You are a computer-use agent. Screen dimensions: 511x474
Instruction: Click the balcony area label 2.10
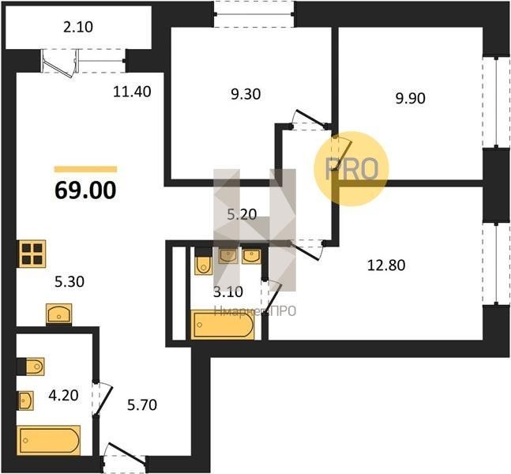(78, 27)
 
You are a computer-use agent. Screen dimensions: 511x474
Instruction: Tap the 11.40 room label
(132, 92)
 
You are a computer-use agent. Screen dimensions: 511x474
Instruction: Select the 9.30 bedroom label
(246, 94)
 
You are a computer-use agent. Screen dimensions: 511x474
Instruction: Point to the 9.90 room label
(410, 98)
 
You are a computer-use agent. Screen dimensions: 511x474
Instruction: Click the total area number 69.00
(85, 190)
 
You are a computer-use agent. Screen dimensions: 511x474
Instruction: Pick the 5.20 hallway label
(242, 215)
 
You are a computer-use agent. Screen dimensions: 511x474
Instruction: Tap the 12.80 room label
(386, 265)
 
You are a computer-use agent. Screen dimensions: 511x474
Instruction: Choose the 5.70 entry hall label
(142, 405)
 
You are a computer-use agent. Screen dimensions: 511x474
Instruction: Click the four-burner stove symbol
(32, 254)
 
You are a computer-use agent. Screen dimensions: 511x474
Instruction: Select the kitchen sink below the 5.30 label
(59, 314)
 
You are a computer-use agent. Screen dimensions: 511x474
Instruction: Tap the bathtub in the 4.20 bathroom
(49, 440)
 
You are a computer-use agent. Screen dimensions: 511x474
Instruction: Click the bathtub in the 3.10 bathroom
(223, 325)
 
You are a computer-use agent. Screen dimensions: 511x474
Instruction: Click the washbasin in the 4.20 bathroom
(26, 401)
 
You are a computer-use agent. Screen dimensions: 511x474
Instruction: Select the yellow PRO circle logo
(351, 168)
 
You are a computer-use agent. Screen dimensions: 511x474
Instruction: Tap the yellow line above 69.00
(85, 169)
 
